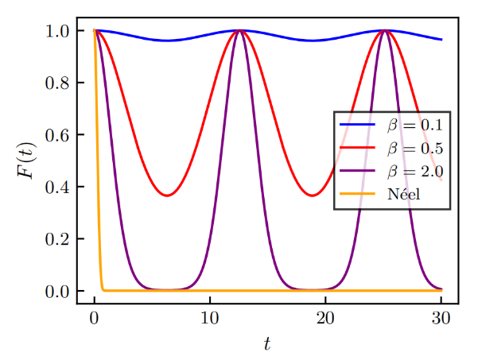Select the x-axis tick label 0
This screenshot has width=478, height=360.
pyautogui.click(x=95, y=318)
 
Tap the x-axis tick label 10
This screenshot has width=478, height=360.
pyautogui.click(x=210, y=318)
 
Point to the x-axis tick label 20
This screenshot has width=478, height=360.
pyautogui.click(x=325, y=318)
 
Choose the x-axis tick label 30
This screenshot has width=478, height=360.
pyautogui.click(x=441, y=318)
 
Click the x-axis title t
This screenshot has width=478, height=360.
pyautogui.click(x=267, y=343)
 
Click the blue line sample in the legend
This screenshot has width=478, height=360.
pyautogui.click(x=357, y=126)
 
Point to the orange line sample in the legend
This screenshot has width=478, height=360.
pyautogui.click(x=357, y=194)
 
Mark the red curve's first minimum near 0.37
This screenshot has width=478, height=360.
pyautogui.click(x=166, y=195)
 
